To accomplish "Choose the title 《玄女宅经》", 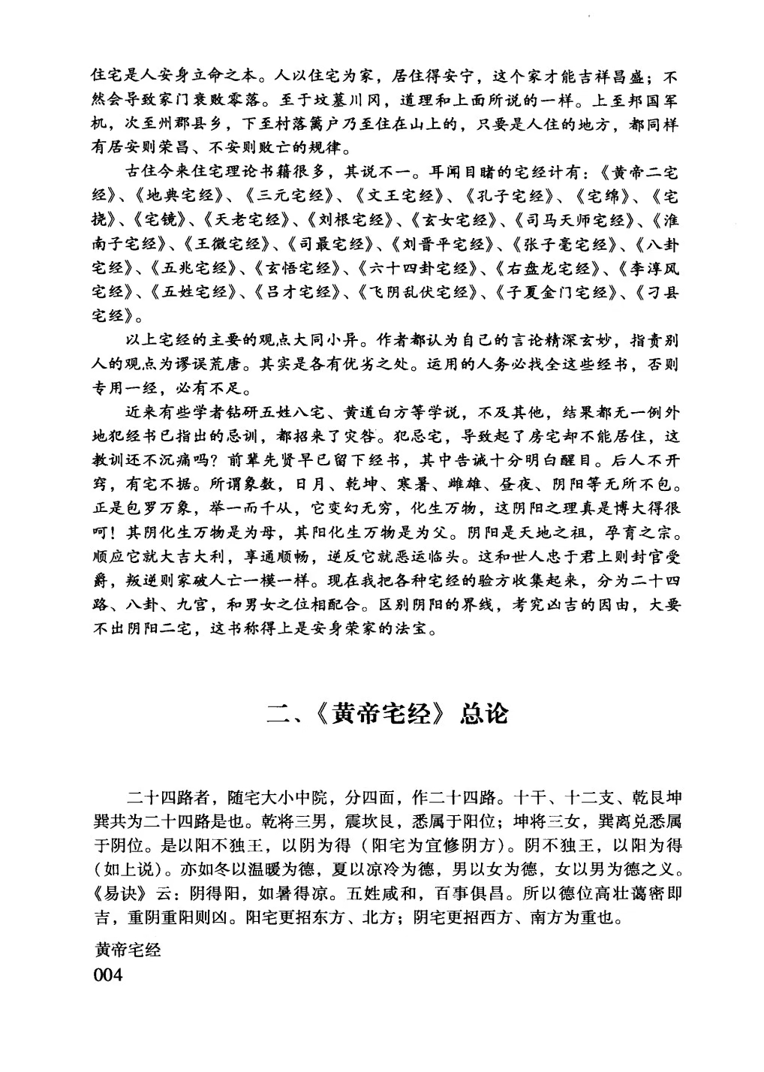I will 455,221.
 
